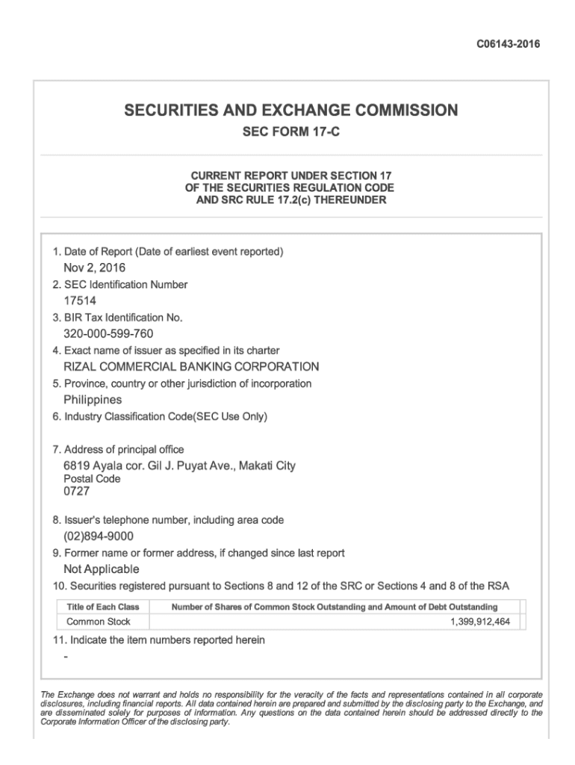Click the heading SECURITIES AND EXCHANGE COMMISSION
(x=290, y=111)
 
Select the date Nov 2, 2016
(x=94, y=267)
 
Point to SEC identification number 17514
(x=80, y=300)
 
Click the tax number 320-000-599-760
(x=108, y=333)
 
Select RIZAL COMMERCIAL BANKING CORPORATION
(x=191, y=367)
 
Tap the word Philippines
(x=93, y=400)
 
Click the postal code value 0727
(x=75, y=492)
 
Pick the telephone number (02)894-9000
(x=99, y=536)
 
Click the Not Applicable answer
(x=102, y=569)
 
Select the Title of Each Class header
(x=103, y=607)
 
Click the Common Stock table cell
(x=99, y=622)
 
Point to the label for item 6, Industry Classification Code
(x=160, y=416)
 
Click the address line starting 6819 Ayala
(x=179, y=466)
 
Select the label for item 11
(x=158, y=640)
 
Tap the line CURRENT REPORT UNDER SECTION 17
(x=290, y=174)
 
